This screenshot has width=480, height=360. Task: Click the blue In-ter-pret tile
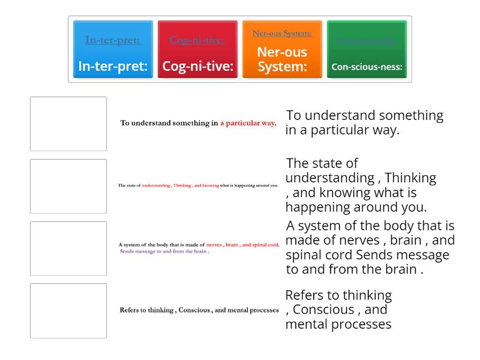tap(113, 50)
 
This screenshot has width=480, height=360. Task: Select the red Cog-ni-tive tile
tap(197, 50)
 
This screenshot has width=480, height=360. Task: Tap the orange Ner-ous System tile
tap(282, 50)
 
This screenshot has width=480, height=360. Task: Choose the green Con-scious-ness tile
tap(367, 50)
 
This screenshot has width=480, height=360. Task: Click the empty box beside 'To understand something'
tap(68, 124)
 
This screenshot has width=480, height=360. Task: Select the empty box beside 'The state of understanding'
tap(68, 186)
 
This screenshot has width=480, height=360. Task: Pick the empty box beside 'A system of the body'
tap(68, 248)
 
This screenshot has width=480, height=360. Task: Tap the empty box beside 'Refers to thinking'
tap(68, 311)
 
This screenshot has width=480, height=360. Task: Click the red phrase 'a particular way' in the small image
tap(247, 123)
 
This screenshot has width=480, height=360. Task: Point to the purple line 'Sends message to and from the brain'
tap(164, 251)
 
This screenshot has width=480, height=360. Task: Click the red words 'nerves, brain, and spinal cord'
tap(242, 245)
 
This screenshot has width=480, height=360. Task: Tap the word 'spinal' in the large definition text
tap(305, 255)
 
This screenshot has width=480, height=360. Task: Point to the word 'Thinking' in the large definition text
tap(410, 178)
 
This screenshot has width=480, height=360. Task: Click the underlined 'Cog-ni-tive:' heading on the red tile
tap(197, 40)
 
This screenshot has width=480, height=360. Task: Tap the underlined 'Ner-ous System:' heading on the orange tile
tap(282, 34)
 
